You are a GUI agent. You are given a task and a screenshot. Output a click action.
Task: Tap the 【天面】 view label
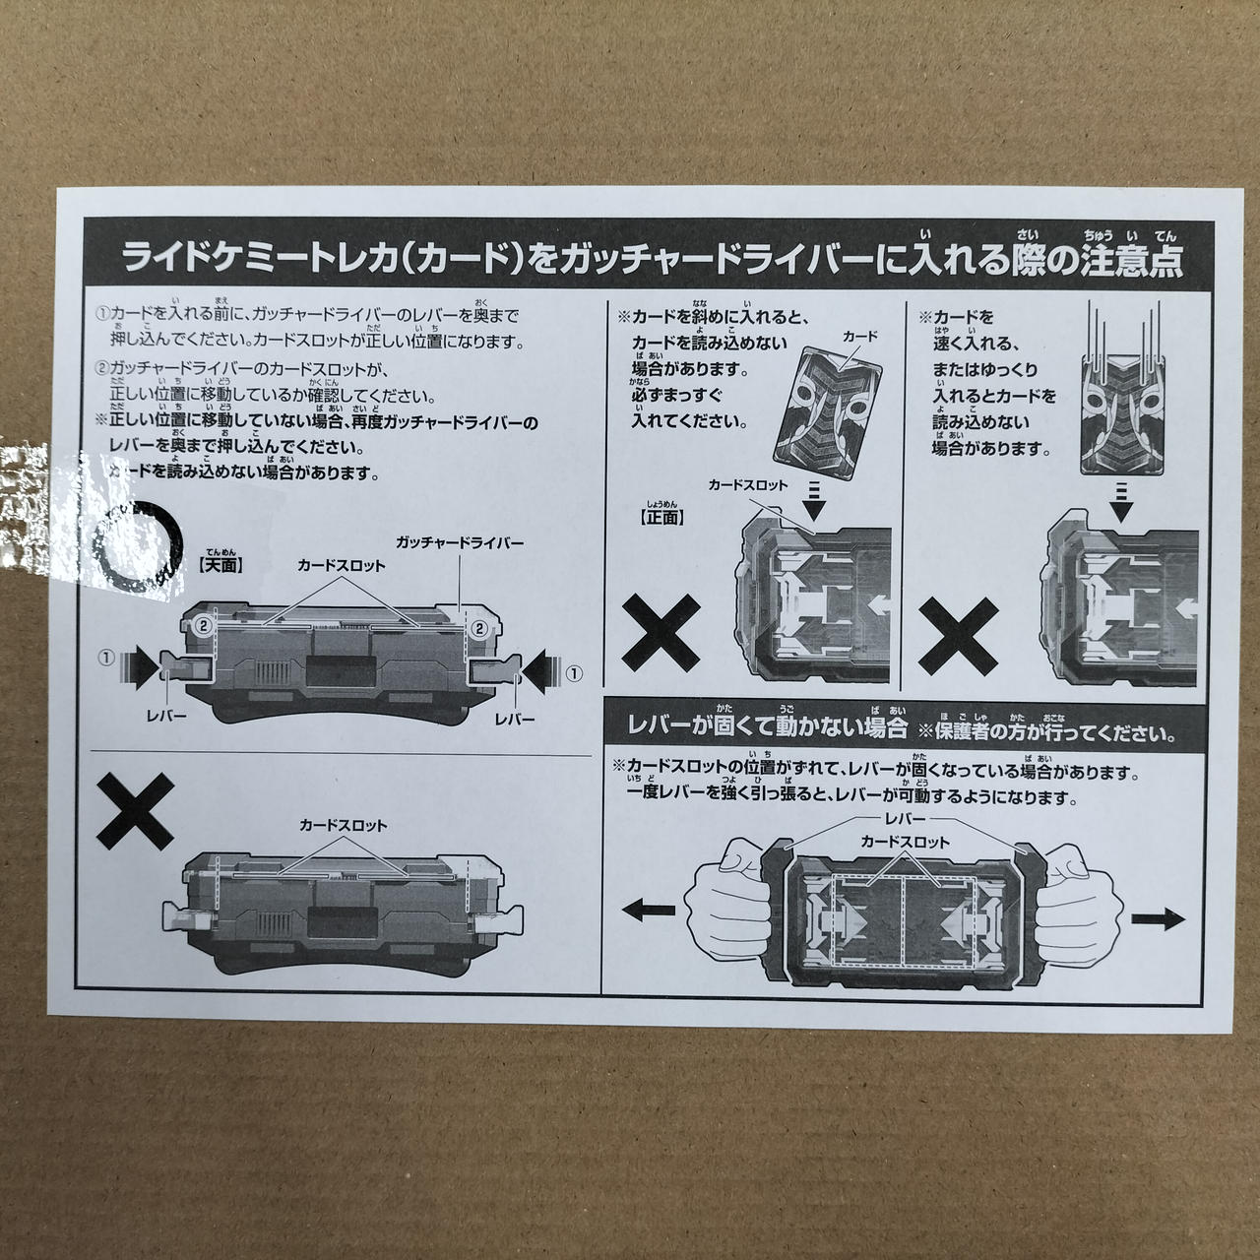click(x=220, y=565)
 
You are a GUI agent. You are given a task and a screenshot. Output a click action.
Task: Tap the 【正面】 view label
click(x=661, y=517)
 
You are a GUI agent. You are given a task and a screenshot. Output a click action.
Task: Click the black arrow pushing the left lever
click(x=139, y=667)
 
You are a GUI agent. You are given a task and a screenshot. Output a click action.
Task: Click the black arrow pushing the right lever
click(x=541, y=670)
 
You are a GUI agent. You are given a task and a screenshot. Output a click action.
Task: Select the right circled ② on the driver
click(x=479, y=629)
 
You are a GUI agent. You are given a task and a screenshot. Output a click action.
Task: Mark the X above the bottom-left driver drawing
click(x=135, y=811)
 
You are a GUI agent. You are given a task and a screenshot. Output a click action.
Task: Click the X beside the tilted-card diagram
click(x=661, y=633)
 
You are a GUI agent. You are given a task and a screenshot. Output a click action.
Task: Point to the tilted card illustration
click(x=827, y=413)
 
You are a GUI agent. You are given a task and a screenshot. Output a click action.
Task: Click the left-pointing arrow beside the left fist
click(x=648, y=910)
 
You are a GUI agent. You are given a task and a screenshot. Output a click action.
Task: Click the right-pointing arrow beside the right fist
click(x=1158, y=918)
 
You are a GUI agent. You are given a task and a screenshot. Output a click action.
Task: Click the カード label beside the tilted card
click(x=859, y=336)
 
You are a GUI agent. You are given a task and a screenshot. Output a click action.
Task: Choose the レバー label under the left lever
click(x=166, y=716)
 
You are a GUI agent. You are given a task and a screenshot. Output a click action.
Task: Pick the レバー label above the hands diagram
click(x=905, y=819)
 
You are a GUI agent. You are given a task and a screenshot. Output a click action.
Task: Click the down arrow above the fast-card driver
click(x=1121, y=502)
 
